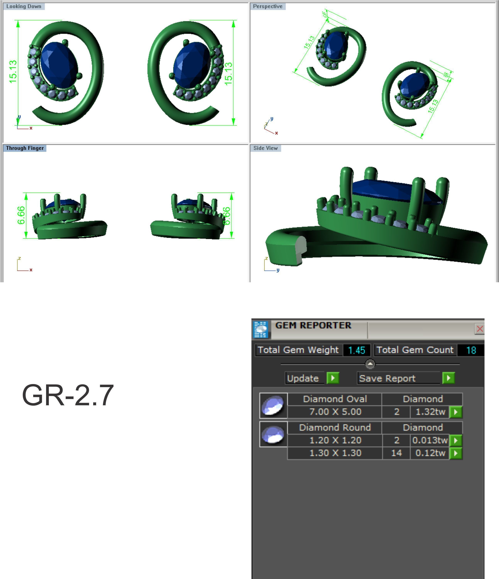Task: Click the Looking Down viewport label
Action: click(x=24, y=6)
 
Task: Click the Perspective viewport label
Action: click(x=267, y=6)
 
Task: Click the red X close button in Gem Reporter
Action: click(x=480, y=329)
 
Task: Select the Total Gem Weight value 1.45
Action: click(x=357, y=350)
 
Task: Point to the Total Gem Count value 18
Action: click(x=471, y=350)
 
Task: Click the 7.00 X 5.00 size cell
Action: click(x=335, y=412)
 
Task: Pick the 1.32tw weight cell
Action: click(x=430, y=412)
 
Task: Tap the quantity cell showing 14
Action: click(x=396, y=453)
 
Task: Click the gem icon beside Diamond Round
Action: click(x=273, y=434)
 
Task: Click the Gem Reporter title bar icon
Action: click(x=260, y=329)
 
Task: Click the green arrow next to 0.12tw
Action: click(x=455, y=453)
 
